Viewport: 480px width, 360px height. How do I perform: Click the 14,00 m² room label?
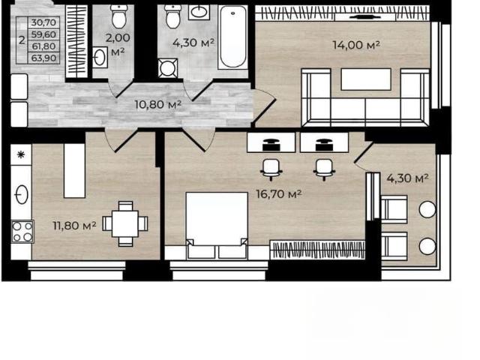356,45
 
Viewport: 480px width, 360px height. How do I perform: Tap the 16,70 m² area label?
279,193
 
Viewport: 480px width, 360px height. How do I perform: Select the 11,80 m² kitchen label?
75,226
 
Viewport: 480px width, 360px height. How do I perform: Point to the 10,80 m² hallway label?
158,105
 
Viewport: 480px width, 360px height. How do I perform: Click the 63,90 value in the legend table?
43,58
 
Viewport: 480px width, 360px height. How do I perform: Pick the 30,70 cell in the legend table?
43,22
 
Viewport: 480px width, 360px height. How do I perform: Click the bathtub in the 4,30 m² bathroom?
233,37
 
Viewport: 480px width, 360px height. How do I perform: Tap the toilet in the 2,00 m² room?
118,16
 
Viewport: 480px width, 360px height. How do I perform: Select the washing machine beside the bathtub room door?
168,68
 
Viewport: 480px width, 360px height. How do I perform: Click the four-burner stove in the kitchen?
22,232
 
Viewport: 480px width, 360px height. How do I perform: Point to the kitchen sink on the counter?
22,195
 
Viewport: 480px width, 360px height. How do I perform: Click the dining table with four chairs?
125,223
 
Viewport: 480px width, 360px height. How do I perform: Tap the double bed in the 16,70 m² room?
217,226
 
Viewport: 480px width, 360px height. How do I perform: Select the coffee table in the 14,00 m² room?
366,79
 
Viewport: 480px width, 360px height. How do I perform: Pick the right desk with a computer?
325,142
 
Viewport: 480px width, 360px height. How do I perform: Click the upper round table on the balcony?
427,209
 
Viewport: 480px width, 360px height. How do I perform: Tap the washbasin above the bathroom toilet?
199,13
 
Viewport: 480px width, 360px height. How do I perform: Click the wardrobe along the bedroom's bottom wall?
317,250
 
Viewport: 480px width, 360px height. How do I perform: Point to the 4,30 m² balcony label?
407,178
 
